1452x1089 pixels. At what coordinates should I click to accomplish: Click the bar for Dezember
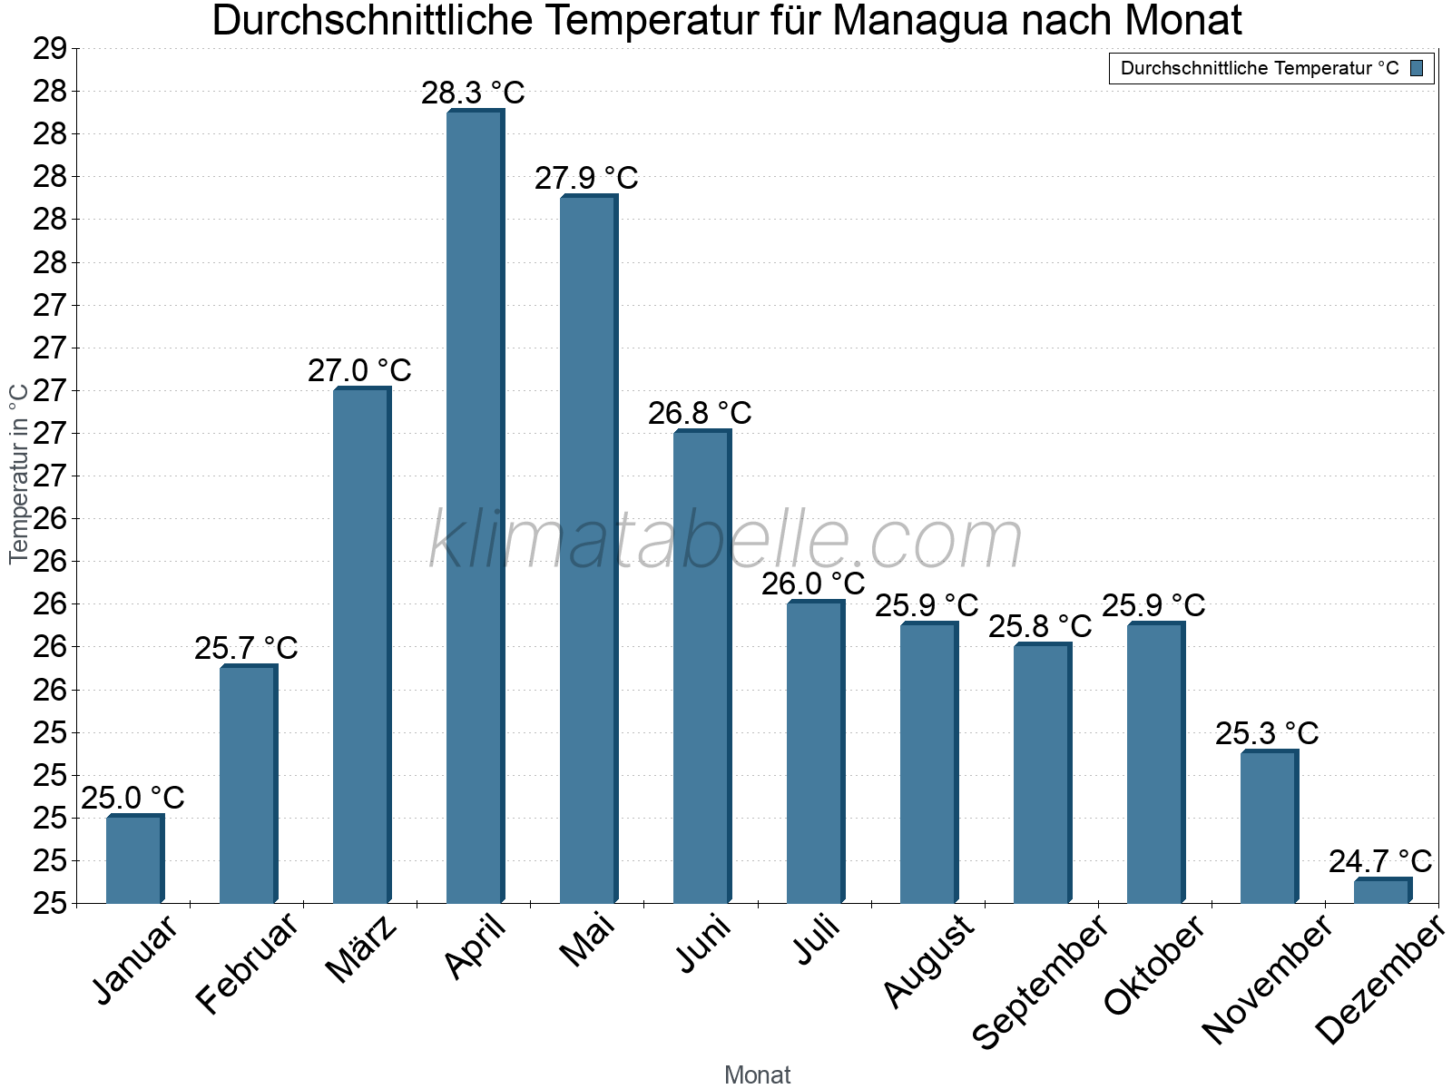pos(1382,891)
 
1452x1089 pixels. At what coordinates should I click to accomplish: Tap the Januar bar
pos(134,859)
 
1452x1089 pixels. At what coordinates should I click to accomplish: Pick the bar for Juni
pos(701,666)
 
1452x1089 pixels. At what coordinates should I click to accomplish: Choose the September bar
pos(1042,773)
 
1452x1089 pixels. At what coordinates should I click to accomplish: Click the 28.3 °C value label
pos(473,93)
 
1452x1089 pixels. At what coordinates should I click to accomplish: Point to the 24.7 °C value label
pos(1380,861)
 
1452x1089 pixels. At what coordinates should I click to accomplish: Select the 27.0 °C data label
pos(359,370)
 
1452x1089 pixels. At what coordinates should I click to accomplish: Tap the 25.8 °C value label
pos(1040,626)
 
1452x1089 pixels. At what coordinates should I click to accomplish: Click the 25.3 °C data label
pos(1267,733)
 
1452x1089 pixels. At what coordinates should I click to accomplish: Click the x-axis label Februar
pos(247,964)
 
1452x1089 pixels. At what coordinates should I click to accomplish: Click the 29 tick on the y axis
pos(50,49)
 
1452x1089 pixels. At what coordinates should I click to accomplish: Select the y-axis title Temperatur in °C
pos(18,473)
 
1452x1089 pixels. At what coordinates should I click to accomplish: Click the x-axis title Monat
pos(757,1075)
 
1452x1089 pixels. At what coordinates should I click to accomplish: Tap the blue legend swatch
pos(1417,68)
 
